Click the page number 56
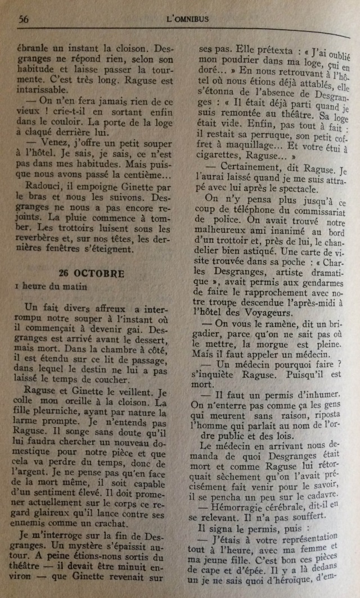(24, 19)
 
